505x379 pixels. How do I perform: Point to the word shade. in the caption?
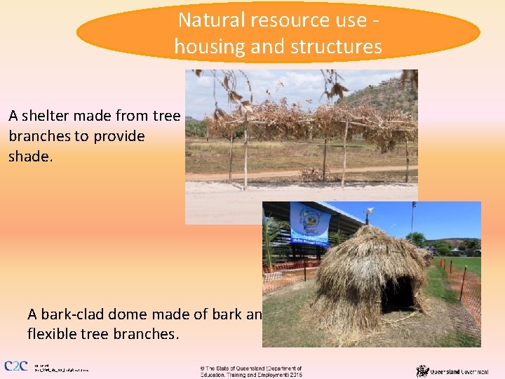point(30,157)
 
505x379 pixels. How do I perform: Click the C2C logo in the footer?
point(15,366)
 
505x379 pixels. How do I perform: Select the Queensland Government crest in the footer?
point(423,371)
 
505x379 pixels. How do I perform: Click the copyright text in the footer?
point(250,370)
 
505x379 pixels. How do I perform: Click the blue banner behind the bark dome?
point(309,225)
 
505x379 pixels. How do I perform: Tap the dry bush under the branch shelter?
point(311,173)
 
